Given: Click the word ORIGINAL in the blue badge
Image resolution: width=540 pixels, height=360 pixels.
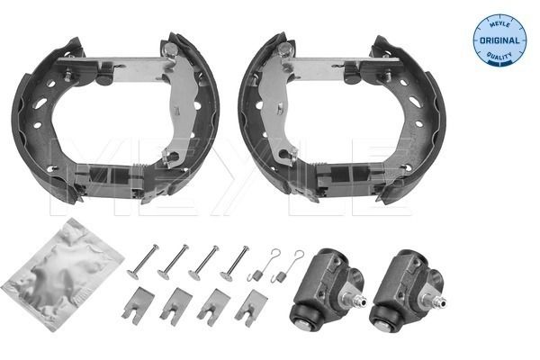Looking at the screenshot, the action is click(x=499, y=40).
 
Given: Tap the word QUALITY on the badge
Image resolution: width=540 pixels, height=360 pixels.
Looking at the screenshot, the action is click(x=499, y=55).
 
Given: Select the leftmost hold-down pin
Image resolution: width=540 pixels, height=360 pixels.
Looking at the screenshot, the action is click(x=142, y=262).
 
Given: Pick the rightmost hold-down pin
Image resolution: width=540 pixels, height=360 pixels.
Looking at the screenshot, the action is click(x=235, y=263).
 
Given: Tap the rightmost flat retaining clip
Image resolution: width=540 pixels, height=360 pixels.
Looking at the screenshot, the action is click(x=250, y=308).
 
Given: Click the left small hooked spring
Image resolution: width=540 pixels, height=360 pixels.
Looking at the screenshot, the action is click(x=264, y=265).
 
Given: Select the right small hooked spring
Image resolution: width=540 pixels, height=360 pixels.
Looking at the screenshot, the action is click(x=289, y=266).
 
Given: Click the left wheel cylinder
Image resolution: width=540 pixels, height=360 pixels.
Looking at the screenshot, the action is click(x=328, y=288).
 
